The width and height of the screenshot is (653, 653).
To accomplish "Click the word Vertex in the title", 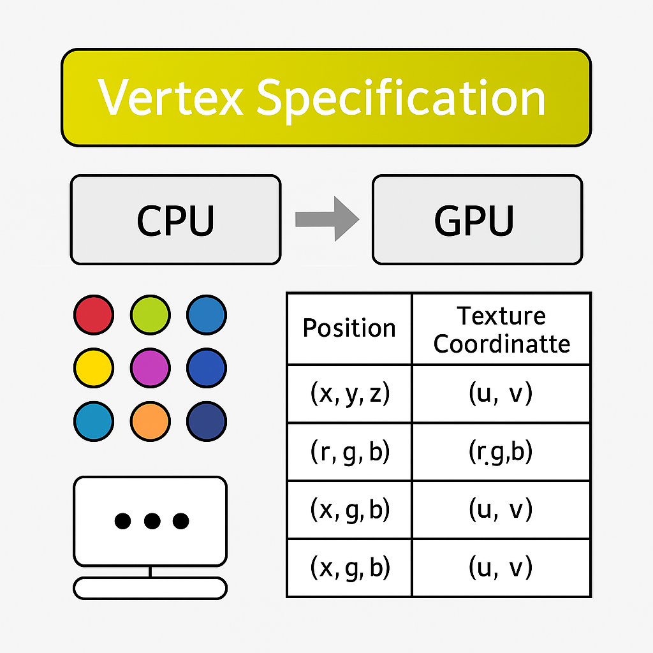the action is tap(170, 98).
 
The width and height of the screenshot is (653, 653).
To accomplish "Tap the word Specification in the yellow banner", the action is tap(400, 99).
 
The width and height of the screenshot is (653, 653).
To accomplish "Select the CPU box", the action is tap(175, 220).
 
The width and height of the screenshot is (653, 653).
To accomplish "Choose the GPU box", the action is tap(476, 220).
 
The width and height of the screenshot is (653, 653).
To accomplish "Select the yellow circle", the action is tap(94, 368).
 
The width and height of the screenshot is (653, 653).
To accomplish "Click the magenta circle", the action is tap(150, 368).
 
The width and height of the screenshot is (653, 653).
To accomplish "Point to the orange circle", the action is tap(150, 422).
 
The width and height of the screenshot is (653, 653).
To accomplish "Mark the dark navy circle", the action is tap(206, 422).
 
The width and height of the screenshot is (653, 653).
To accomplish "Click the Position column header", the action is tap(349, 328).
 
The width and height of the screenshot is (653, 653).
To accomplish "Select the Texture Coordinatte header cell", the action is tap(501, 329).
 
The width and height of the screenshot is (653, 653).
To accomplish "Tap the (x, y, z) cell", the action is tap(349, 394).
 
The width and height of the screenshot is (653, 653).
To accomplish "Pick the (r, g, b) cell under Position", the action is tap(349, 452).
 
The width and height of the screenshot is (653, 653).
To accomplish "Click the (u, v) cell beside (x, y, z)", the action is tap(501, 394).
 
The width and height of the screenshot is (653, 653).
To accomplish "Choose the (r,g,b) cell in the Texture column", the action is tap(501, 452).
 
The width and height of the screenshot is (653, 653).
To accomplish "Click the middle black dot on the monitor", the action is tap(151, 521).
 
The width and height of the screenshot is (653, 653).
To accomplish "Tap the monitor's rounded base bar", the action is tap(150, 588).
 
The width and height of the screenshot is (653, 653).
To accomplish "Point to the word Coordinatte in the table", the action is tap(501, 344).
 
